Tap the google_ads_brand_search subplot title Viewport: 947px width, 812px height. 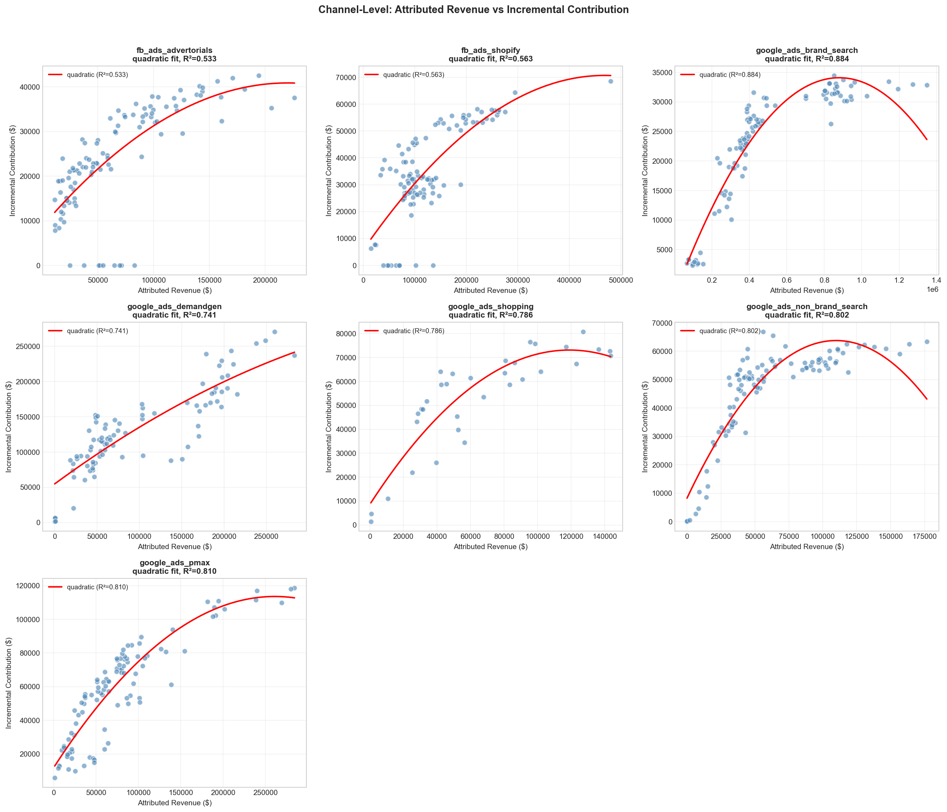807,50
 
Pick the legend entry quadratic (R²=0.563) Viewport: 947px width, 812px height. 413,74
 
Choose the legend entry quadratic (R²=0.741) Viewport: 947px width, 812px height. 97,331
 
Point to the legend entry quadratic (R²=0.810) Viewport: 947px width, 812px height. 97,587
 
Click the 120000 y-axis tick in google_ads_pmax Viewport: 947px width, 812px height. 26,586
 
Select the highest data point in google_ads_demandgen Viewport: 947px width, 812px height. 275,332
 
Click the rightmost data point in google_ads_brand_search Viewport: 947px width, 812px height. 927,85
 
